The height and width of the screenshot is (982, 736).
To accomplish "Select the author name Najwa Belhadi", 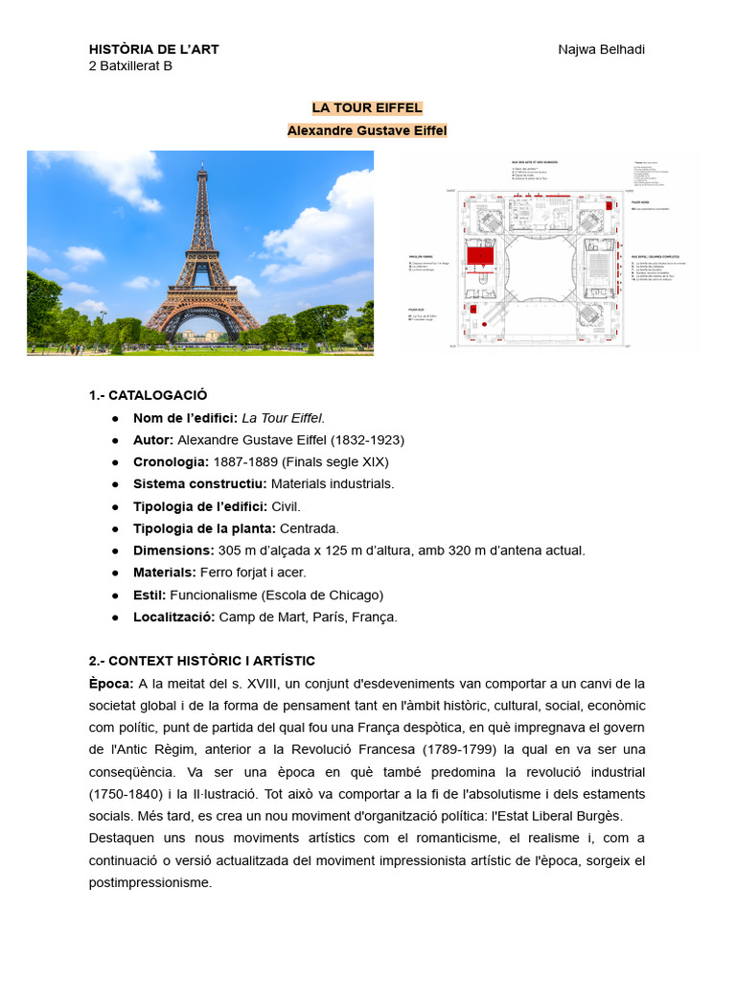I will pos(601,49).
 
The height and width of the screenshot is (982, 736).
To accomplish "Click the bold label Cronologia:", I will pos(171,461).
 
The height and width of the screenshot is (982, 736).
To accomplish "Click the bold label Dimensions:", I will pos(173,549).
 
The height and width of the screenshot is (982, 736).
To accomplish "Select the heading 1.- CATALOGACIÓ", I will pos(148,395).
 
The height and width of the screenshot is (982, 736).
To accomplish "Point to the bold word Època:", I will pos(111,683).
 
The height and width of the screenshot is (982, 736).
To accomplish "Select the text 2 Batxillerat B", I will pos(130,66).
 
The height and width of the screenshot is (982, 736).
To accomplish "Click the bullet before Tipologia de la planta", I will pos(115,527).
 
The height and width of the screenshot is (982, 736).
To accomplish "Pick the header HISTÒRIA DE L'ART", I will pos(153,49).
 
